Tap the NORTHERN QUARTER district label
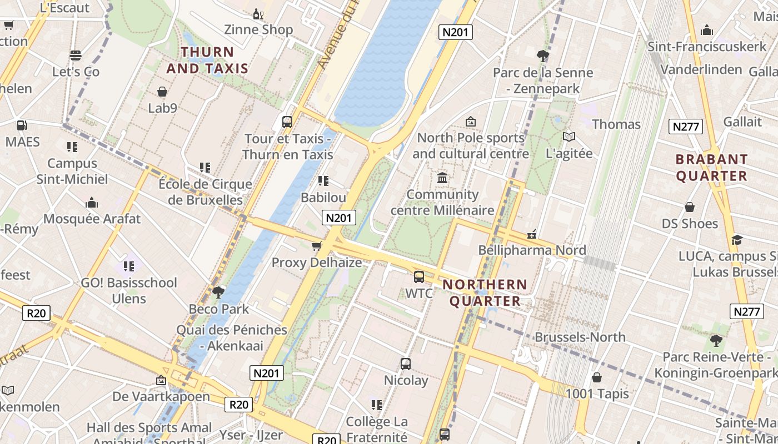click(485, 293)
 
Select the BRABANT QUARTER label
click(711, 168)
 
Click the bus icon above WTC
click(419, 276)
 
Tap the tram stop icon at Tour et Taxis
click(287, 122)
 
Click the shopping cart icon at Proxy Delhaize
click(317, 246)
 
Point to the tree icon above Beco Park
click(218, 292)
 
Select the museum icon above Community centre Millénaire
click(442, 178)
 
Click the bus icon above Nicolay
click(406, 364)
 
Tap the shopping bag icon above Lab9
click(162, 92)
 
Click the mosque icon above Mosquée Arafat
click(92, 203)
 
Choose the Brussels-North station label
click(580, 337)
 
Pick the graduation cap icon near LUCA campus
click(737, 240)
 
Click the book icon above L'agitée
click(568, 137)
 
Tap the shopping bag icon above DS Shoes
click(690, 207)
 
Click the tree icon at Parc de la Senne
click(543, 56)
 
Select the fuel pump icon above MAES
click(22, 125)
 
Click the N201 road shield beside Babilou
click(338, 218)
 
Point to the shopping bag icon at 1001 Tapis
click(597, 377)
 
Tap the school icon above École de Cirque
click(205, 167)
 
